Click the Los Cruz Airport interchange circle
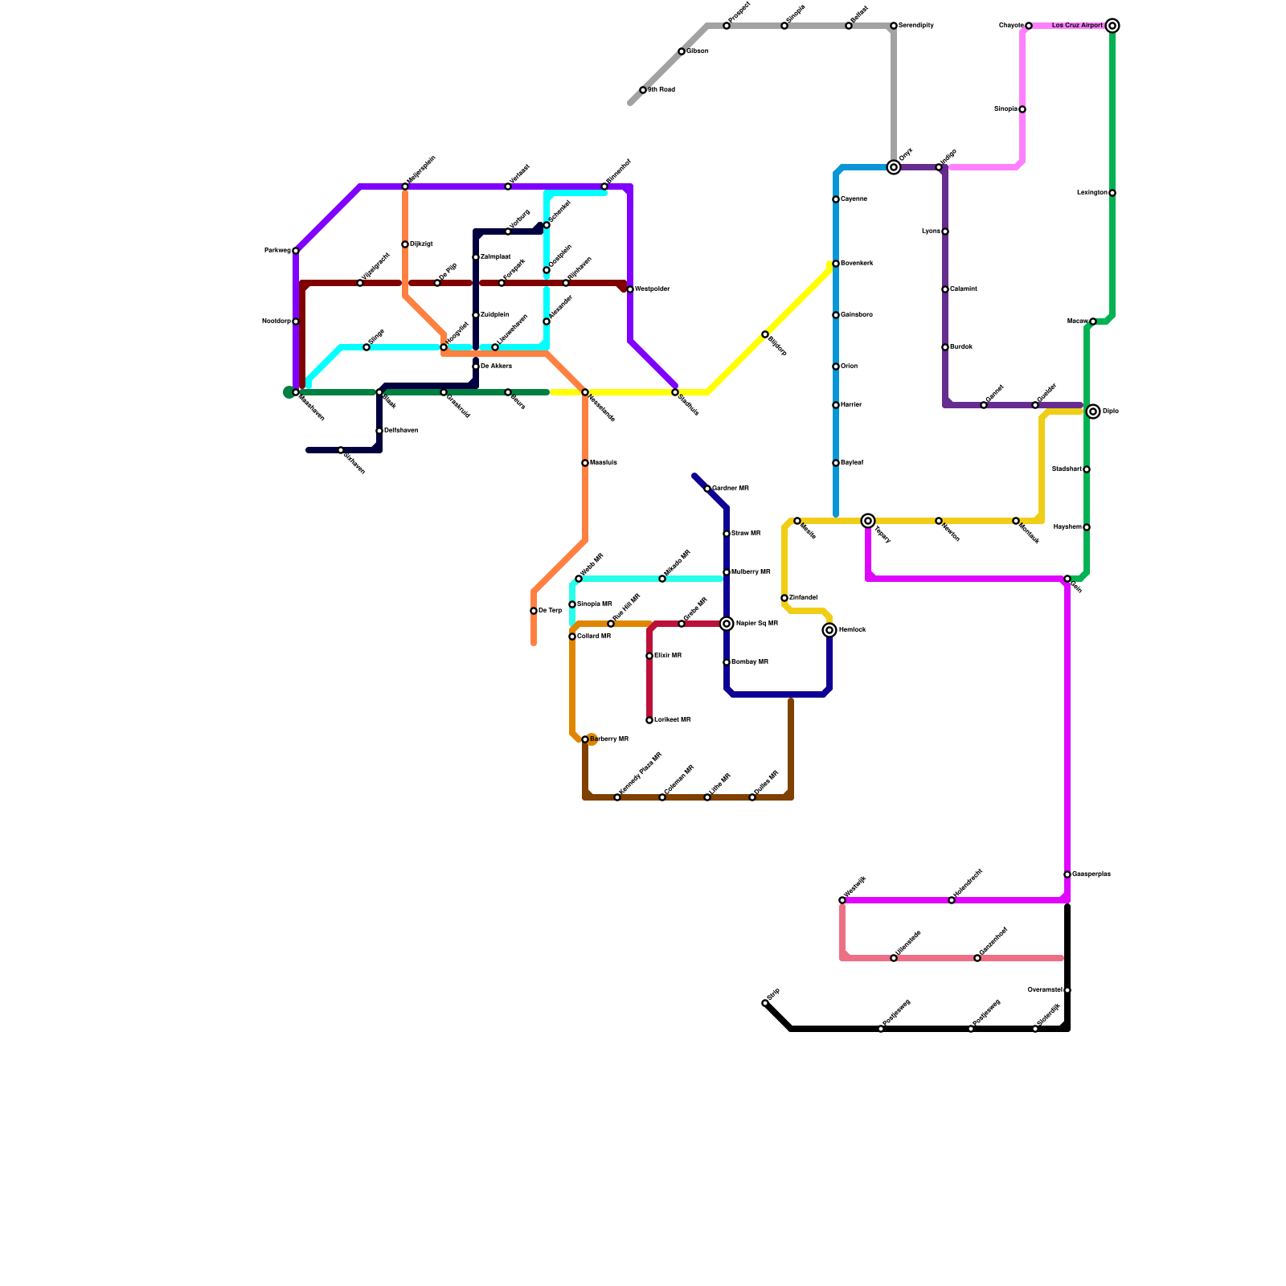pyautogui.click(x=1112, y=26)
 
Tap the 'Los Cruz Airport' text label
pyautogui.click(x=1077, y=26)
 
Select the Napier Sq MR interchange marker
pyautogui.click(x=727, y=624)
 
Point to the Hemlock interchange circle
pyautogui.click(x=829, y=630)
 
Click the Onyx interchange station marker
pyautogui.click(x=894, y=167)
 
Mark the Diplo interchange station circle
pyautogui.click(x=1093, y=412)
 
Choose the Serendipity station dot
pyautogui.click(x=894, y=26)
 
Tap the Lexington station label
pyautogui.click(x=1091, y=193)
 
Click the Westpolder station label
pyautogui.click(x=652, y=289)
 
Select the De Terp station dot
pyautogui.click(x=534, y=611)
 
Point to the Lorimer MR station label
pyautogui.click(x=672, y=720)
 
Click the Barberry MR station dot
pyautogui.click(x=585, y=739)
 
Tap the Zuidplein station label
pyautogui.click(x=494, y=315)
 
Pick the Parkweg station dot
pyautogui.click(x=296, y=251)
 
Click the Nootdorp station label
pyautogui.click(x=276, y=321)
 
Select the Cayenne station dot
pyautogui.click(x=836, y=199)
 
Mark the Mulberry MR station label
pyautogui.click(x=751, y=572)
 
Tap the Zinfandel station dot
pyautogui.click(x=784, y=598)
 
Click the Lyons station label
pyautogui.click(x=931, y=231)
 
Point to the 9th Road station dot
pyautogui.click(x=643, y=90)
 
